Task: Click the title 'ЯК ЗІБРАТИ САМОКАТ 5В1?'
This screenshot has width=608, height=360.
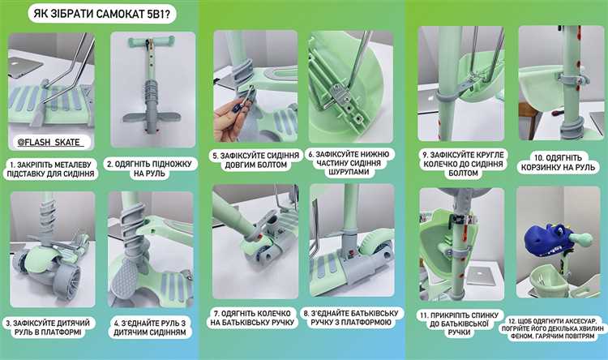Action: click(x=101, y=15)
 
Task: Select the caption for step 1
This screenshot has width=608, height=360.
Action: click(x=50, y=169)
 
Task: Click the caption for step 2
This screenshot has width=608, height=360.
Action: click(x=149, y=169)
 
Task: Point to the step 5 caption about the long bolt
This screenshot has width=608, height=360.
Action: click(x=256, y=160)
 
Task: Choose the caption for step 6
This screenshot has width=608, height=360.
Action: click(x=349, y=163)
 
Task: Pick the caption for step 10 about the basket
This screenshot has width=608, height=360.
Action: click(x=558, y=162)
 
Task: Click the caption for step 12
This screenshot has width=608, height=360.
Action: click(x=559, y=328)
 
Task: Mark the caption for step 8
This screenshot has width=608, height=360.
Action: click(x=353, y=318)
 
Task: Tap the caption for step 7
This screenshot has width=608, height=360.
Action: click(x=252, y=318)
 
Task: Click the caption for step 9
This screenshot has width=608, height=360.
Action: click(x=463, y=164)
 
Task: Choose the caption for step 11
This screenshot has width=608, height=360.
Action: click(x=460, y=324)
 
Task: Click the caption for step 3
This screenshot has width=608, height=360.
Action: click(x=47, y=328)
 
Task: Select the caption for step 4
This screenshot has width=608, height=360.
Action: click(x=149, y=328)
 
